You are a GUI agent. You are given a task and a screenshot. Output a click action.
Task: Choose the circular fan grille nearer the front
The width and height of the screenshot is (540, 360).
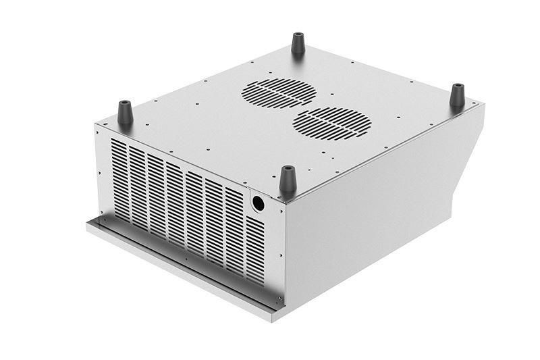pos(331,124)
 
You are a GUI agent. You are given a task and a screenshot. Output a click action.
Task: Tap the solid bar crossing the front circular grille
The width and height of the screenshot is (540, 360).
pos(331,124)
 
